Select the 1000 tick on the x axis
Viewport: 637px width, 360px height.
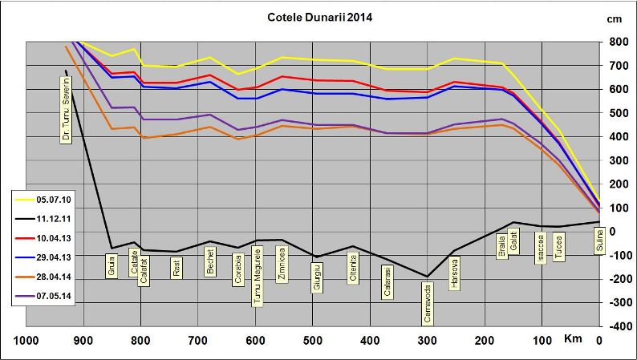26,341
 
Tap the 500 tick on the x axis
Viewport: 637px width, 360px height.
313,341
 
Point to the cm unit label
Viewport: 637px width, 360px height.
615,18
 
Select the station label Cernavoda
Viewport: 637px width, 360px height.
428,305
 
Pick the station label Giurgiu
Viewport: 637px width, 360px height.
317,277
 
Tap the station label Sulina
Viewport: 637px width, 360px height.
598,241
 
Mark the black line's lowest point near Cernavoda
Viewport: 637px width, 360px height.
428,277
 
